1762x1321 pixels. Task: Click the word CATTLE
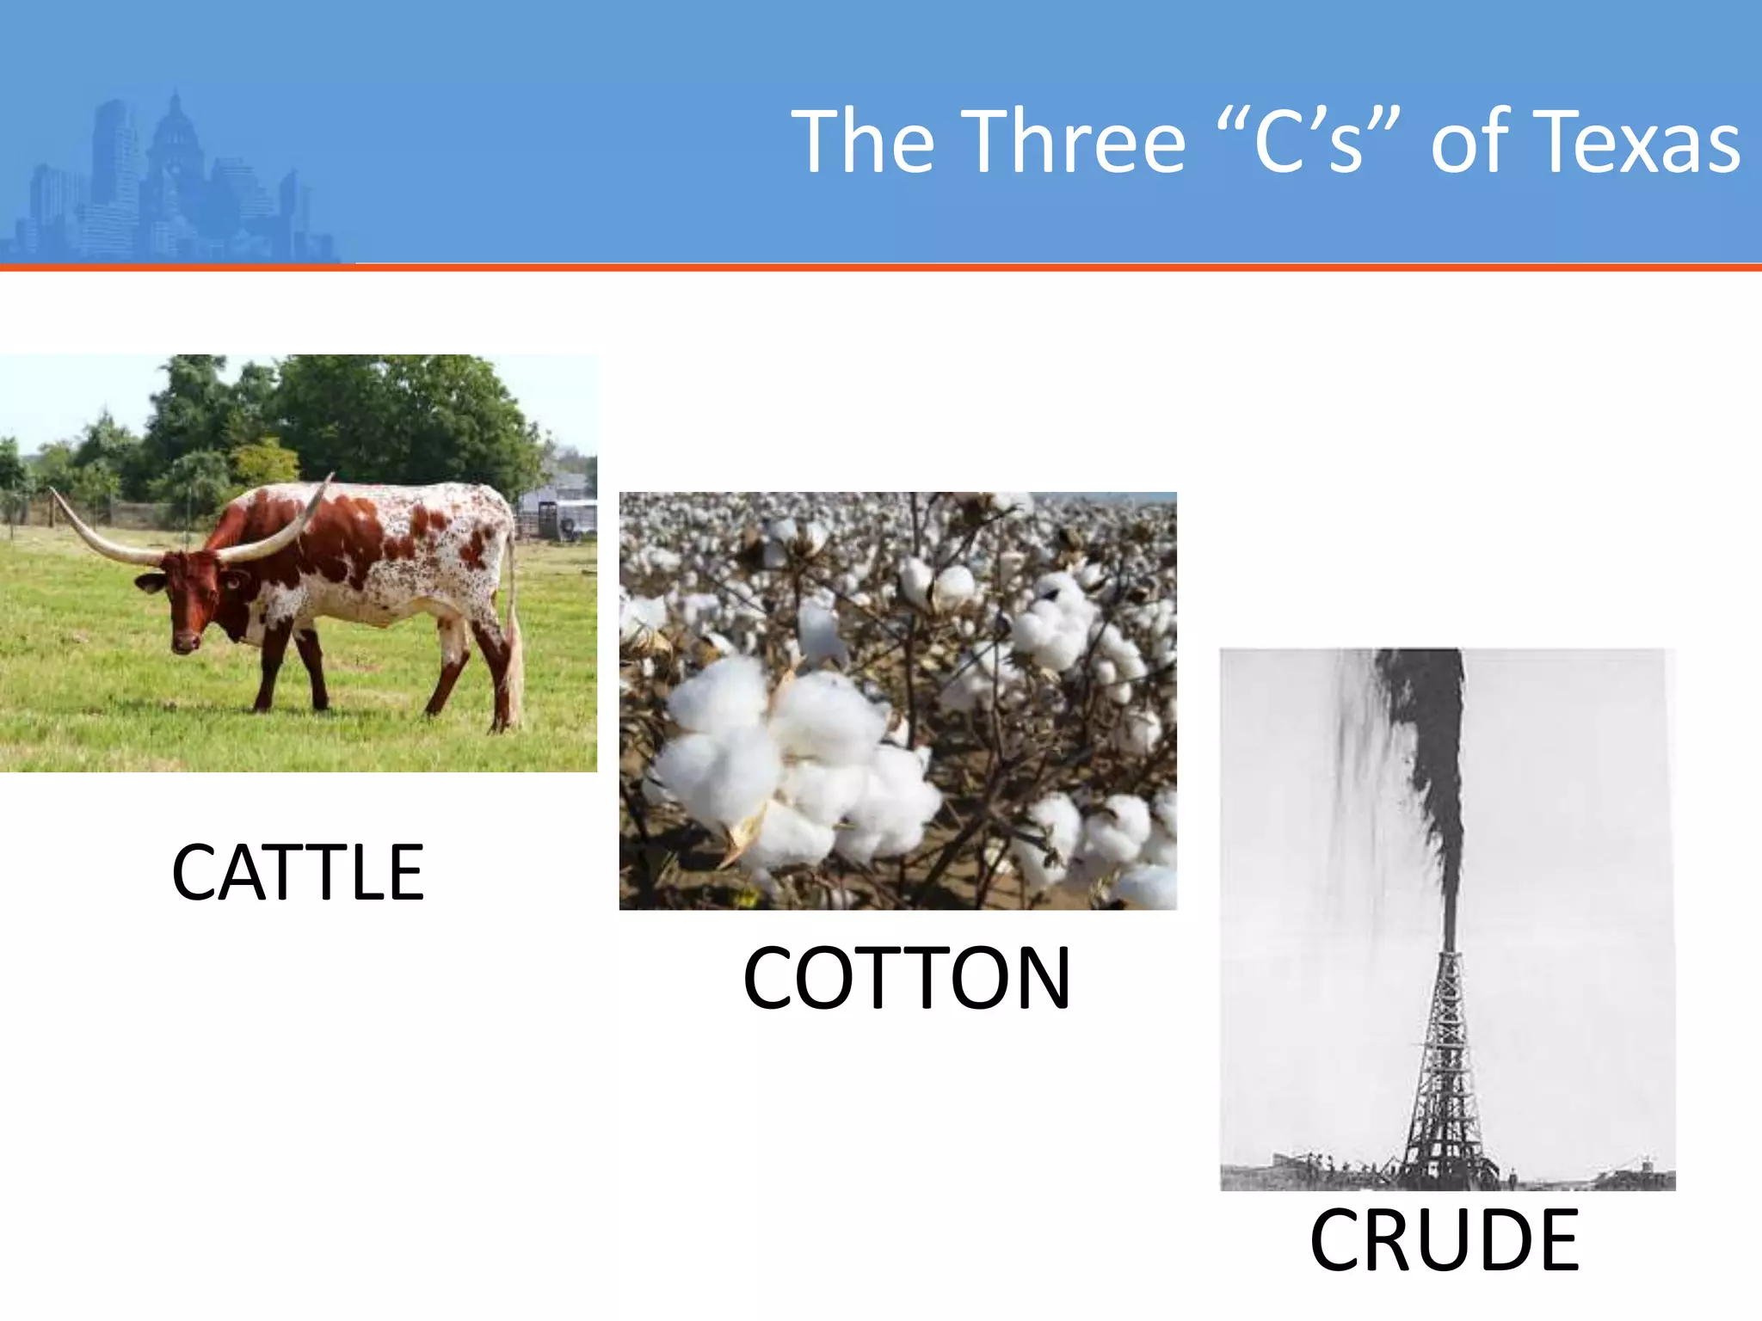pos(298,873)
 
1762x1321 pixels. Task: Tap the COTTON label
pos(907,979)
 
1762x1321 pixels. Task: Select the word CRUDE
pos(1445,1240)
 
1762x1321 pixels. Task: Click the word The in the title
pos(863,142)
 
